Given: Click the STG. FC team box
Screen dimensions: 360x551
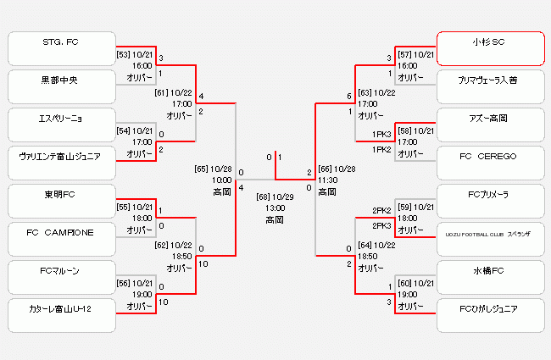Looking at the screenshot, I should point(60,48).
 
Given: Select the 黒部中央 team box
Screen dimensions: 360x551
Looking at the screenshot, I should point(60,86).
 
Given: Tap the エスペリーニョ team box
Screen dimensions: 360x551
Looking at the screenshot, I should point(60,125).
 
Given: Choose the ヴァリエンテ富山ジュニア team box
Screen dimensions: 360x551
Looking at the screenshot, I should point(60,163).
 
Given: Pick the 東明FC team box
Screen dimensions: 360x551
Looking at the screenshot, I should point(60,202).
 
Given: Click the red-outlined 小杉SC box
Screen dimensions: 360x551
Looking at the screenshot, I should point(489,48).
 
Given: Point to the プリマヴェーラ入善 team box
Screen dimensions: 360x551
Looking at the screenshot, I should point(489,86).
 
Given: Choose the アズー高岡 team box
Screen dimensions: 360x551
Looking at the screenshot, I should point(489,125).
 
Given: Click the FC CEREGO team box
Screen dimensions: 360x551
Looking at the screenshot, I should point(489,163).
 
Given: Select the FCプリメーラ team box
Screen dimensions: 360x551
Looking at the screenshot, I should point(489,202).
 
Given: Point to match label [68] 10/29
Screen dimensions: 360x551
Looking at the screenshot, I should point(275,197).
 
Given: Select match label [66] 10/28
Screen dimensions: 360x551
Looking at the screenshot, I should point(337,169).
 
